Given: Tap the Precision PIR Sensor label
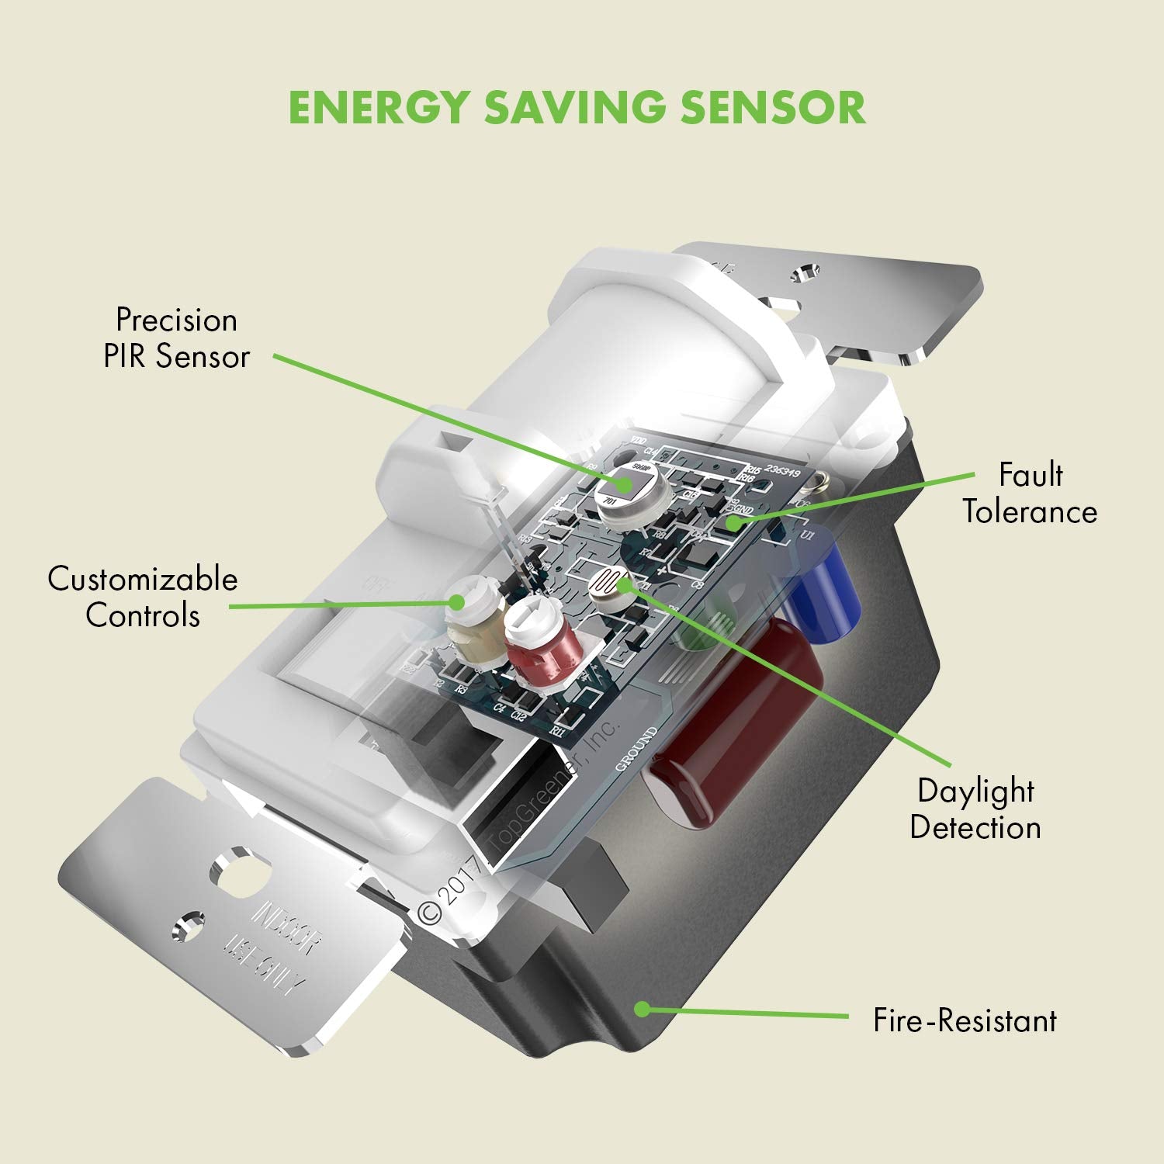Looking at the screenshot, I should [177, 338].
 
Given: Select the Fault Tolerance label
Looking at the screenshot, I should [1030, 494].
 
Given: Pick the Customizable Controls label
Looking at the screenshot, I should [143, 598].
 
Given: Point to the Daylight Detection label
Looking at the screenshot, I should [975, 809].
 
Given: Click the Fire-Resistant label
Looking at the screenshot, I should [965, 1020].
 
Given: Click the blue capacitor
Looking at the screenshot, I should [824, 590].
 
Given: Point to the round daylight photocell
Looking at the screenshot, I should [612, 584].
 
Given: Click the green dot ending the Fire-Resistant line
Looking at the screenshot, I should [641, 1008].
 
